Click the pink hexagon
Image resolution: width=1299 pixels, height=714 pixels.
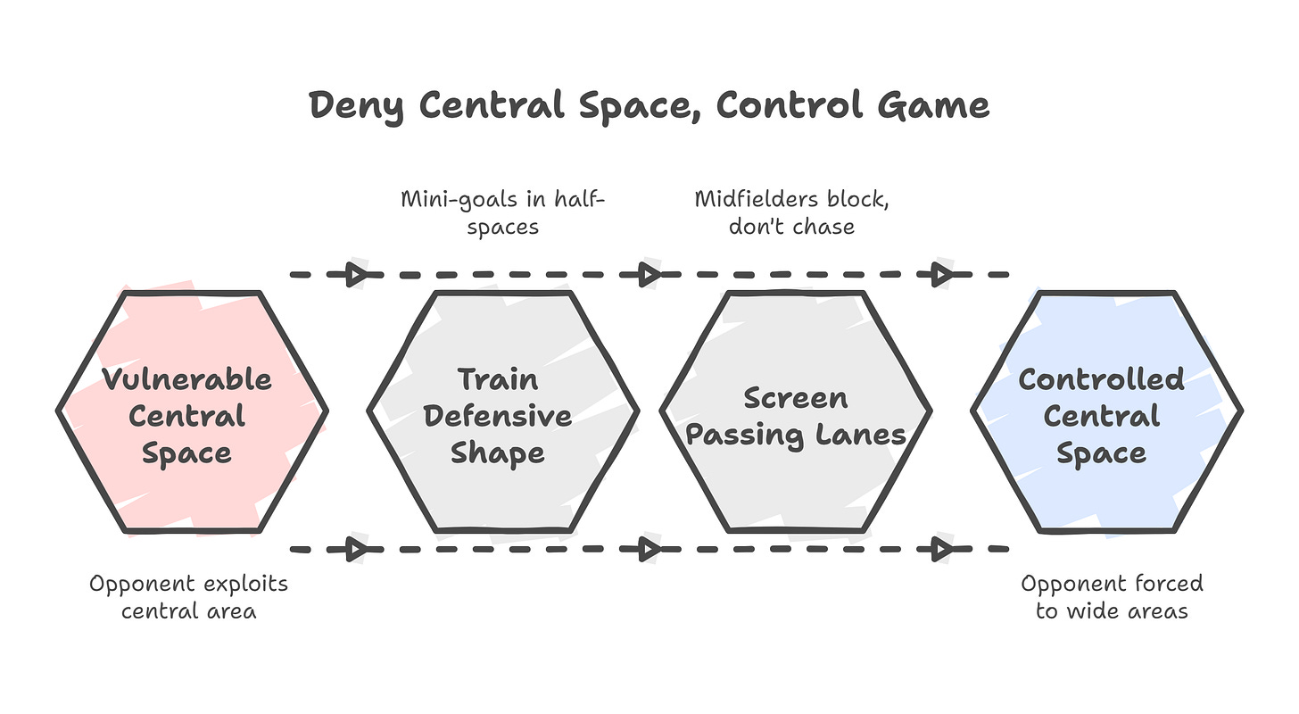pos(193,411)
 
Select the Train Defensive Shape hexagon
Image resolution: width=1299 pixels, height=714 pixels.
pos(503,411)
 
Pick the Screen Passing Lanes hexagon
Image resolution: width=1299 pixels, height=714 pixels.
pos(796,411)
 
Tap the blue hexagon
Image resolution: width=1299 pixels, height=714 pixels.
pos(1106,411)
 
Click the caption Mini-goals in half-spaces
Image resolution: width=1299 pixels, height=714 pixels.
pos(503,212)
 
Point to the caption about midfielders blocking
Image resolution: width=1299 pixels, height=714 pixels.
pos(792,212)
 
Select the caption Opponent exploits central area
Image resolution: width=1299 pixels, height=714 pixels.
pos(189,597)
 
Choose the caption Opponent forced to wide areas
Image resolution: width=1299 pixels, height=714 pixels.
pos(1112,597)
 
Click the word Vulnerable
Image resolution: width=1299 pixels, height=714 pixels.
pos(186,378)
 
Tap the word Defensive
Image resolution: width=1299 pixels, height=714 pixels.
pos(498,416)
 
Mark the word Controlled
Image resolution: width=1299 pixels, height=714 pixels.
pos(1101,378)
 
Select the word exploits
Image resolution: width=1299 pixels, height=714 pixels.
pos(245,584)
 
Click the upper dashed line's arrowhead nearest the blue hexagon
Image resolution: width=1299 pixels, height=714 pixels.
pos(941,275)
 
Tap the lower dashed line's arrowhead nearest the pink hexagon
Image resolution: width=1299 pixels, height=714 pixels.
pos(357,549)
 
